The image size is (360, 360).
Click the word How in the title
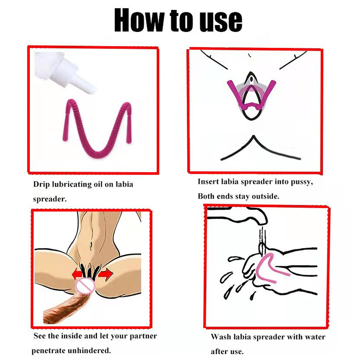point(139,20)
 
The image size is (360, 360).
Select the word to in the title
point(181,21)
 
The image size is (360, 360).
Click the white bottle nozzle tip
point(91,90)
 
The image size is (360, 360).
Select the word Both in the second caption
point(206,196)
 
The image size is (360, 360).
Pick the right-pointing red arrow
point(106,274)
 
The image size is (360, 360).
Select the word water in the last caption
point(315,337)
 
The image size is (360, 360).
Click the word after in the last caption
point(219,351)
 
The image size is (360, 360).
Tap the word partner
point(143,336)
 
